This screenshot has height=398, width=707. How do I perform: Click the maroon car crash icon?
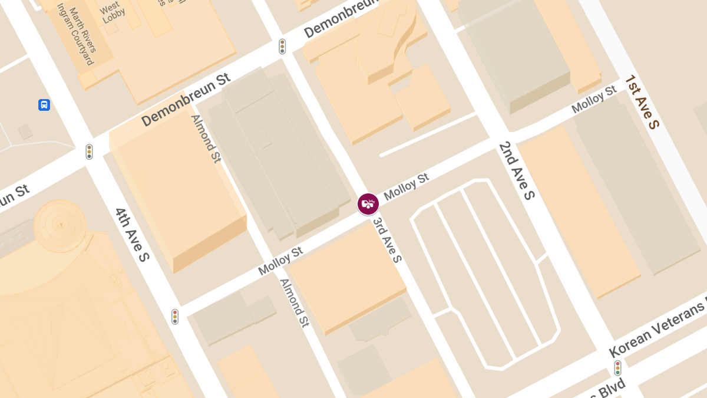coord(368,204)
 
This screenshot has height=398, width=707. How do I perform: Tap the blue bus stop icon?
coord(44,105)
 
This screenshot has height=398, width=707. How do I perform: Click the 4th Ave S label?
coord(133,235)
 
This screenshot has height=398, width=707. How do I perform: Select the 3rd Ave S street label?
coord(388,241)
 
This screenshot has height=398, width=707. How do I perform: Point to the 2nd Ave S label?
coord(516,170)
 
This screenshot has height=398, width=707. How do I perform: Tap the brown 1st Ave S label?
coord(642,101)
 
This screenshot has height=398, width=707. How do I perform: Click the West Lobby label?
coord(112,13)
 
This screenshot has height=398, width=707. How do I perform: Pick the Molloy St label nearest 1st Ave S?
coord(594,99)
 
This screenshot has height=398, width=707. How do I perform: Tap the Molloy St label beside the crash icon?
coord(406,186)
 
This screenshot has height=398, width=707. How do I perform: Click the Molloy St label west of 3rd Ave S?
coord(280,260)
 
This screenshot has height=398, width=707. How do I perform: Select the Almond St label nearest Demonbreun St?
coord(206,139)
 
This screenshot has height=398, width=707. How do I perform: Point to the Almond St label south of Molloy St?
coord(294,302)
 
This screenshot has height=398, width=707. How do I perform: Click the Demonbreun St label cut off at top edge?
coord(341,19)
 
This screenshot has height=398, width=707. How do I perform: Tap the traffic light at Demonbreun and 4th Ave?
coord(89,152)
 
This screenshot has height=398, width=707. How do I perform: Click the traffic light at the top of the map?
coord(282,47)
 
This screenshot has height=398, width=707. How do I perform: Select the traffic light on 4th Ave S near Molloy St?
coord(175,317)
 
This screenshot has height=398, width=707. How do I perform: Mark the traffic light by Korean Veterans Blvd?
coord(617,368)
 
